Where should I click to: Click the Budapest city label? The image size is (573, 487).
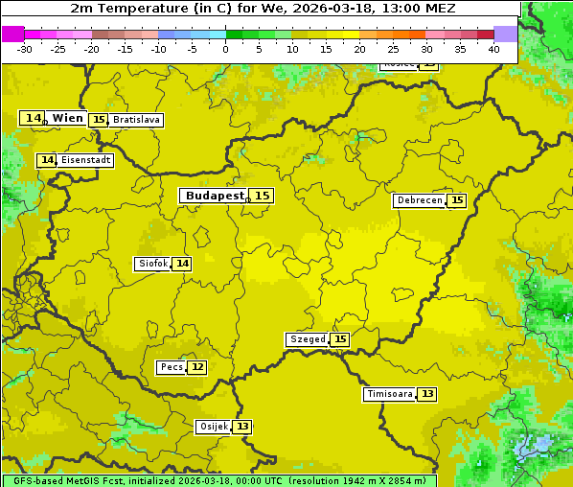click(215, 196)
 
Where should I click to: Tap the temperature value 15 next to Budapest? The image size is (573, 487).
click(263, 196)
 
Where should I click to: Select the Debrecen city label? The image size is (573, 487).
click(419, 200)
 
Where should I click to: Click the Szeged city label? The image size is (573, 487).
click(307, 339)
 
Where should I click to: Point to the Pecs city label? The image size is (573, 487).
click(172, 367)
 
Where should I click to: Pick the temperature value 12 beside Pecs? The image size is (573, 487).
click(197, 367)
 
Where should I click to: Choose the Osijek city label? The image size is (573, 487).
click(213, 427)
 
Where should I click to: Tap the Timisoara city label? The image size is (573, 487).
click(389, 394)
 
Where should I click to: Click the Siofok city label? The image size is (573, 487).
click(151, 264)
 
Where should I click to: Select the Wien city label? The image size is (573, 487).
click(67, 118)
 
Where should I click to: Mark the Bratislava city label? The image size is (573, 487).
click(135, 120)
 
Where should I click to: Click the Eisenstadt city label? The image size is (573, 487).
click(85, 160)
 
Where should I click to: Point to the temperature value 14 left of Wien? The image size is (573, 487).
click(33, 118)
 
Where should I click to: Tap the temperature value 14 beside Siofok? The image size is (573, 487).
click(182, 264)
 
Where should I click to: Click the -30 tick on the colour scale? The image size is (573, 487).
click(25, 49)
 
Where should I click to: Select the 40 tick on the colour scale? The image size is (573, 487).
click(493, 49)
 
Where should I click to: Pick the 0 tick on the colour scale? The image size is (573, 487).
click(226, 49)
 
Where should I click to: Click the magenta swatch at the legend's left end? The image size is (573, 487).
click(12, 34)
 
